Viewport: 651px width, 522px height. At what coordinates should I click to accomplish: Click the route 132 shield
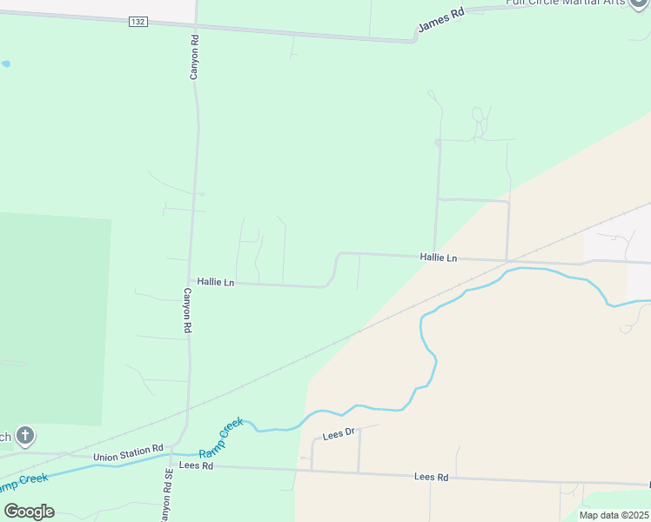pos(138,21)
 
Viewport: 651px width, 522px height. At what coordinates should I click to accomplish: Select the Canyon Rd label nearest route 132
pos(195,57)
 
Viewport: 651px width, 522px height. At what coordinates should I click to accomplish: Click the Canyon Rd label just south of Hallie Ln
pos(186,311)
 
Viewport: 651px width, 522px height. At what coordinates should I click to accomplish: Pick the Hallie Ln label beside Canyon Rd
pos(216,282)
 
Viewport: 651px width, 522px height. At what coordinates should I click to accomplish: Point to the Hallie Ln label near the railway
pos(438,258)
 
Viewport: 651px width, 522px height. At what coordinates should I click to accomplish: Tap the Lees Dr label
pos(339,433)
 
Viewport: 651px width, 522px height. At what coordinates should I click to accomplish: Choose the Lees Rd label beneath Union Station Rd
pos(196,465)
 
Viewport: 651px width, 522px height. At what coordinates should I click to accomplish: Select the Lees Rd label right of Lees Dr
pos(431,477)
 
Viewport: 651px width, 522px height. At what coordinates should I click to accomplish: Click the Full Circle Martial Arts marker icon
pos(641,3)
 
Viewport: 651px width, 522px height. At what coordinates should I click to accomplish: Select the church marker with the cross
pos(25,436)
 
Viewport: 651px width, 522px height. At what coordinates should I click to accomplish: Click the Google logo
pos(29,512)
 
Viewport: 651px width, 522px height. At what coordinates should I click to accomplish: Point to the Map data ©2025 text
pos(613,515)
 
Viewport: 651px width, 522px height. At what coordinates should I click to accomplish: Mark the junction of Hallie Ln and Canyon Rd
pos(188,280)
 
